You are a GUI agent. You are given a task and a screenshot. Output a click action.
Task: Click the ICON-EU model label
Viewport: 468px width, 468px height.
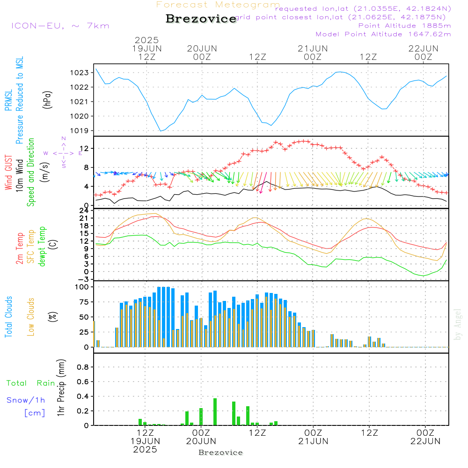pyautogui.click(x=60, y=26)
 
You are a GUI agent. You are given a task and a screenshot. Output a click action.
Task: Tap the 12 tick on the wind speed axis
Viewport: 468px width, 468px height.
pyautogui.click(x=85, y=148)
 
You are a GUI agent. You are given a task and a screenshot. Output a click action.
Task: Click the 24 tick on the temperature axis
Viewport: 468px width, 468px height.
pyautogui.click(x=85, y=211)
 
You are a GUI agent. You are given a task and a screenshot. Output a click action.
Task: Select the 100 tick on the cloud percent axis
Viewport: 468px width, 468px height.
pyautogui.click(x=82, y=287)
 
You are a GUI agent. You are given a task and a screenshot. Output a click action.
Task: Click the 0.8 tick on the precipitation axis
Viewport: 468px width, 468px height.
pyautogui.click(x=82, y=367)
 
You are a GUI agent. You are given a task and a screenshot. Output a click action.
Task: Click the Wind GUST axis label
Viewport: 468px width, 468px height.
pyautogui.click(x=8, y=173)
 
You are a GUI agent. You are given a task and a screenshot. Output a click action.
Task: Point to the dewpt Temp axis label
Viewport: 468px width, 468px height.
pyautogui.click(x=42, y=247)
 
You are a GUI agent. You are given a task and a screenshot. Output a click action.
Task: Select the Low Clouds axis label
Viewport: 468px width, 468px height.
pyautogui.click(x=31, y=317)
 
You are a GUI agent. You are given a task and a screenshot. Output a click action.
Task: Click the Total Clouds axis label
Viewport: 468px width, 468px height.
pyautogui.click(x=8, y=317)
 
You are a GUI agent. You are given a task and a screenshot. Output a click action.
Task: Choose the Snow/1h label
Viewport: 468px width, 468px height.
pyautogui.click(x=26, y=400)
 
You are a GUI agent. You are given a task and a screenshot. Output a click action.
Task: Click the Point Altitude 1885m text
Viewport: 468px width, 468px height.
pyautogui.click(x=404, y=26)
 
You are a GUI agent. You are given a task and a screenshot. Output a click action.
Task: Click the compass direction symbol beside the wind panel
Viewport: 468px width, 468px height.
pyautogui.click(x=63, y=153)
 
